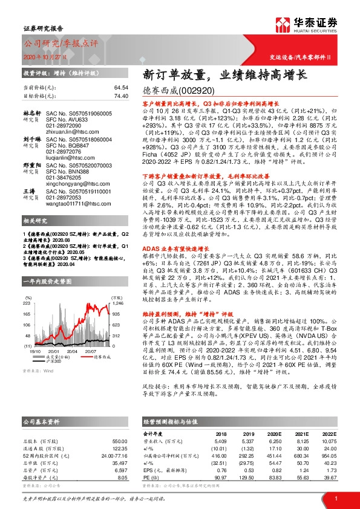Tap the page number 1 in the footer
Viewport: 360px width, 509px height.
pyautogui.click(x=335, y=498)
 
